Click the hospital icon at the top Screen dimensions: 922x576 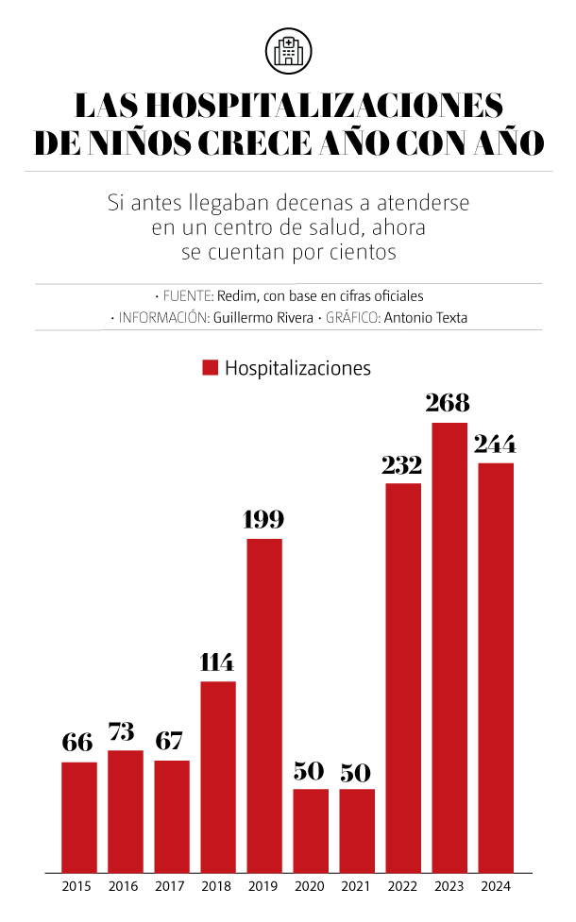tap(288, 49)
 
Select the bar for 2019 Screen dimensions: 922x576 tap(264, 704)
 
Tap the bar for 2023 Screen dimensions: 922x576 tap(449, 646)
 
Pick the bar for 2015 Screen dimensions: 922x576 tap(79, 816)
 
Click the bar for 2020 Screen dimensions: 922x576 tap(311, 830)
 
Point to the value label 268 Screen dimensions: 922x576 tap(448, 403)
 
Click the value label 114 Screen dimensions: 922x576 tap(217, 662)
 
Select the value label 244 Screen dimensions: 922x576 tap(496, 444)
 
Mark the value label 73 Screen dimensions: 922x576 tap(125, 731)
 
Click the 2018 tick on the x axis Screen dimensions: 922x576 tap(217, 887)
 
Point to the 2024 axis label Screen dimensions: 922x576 tap(496, 887)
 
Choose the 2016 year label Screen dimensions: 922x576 tap(124, 887)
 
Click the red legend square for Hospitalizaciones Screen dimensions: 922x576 tap(210, 368)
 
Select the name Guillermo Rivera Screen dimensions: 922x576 tap(263, 318)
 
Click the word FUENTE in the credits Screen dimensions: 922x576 tap(185, 295)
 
